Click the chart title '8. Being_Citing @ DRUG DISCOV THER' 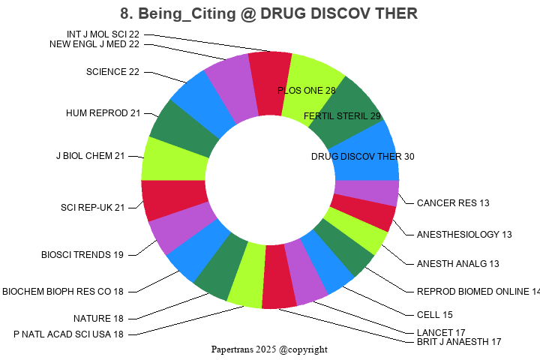[x=269, y=13]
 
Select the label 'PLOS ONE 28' [x=307, y=90]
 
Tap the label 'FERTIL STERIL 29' [x=342, y=115]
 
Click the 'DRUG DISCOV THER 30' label [x=362, y=157]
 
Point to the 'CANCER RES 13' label [x=453, y=203]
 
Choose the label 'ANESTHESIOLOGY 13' [x=464, y=235]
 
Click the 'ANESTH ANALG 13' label [x=457, y=264]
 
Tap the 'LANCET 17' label [x=441, y=332]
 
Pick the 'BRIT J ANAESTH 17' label [x=459, y=342]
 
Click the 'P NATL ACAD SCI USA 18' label [x=68, y=334]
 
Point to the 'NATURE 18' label [x=98, y=319]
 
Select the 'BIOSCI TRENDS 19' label [x=82, y=255]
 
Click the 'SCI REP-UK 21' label [x=92, y=208]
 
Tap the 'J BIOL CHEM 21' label [x=90, y=156]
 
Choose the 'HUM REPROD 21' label [x=103, y=113]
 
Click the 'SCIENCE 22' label [x=113, y=72]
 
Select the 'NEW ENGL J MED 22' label [x=94, y=44]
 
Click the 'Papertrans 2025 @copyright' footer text [x=269, y=349]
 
